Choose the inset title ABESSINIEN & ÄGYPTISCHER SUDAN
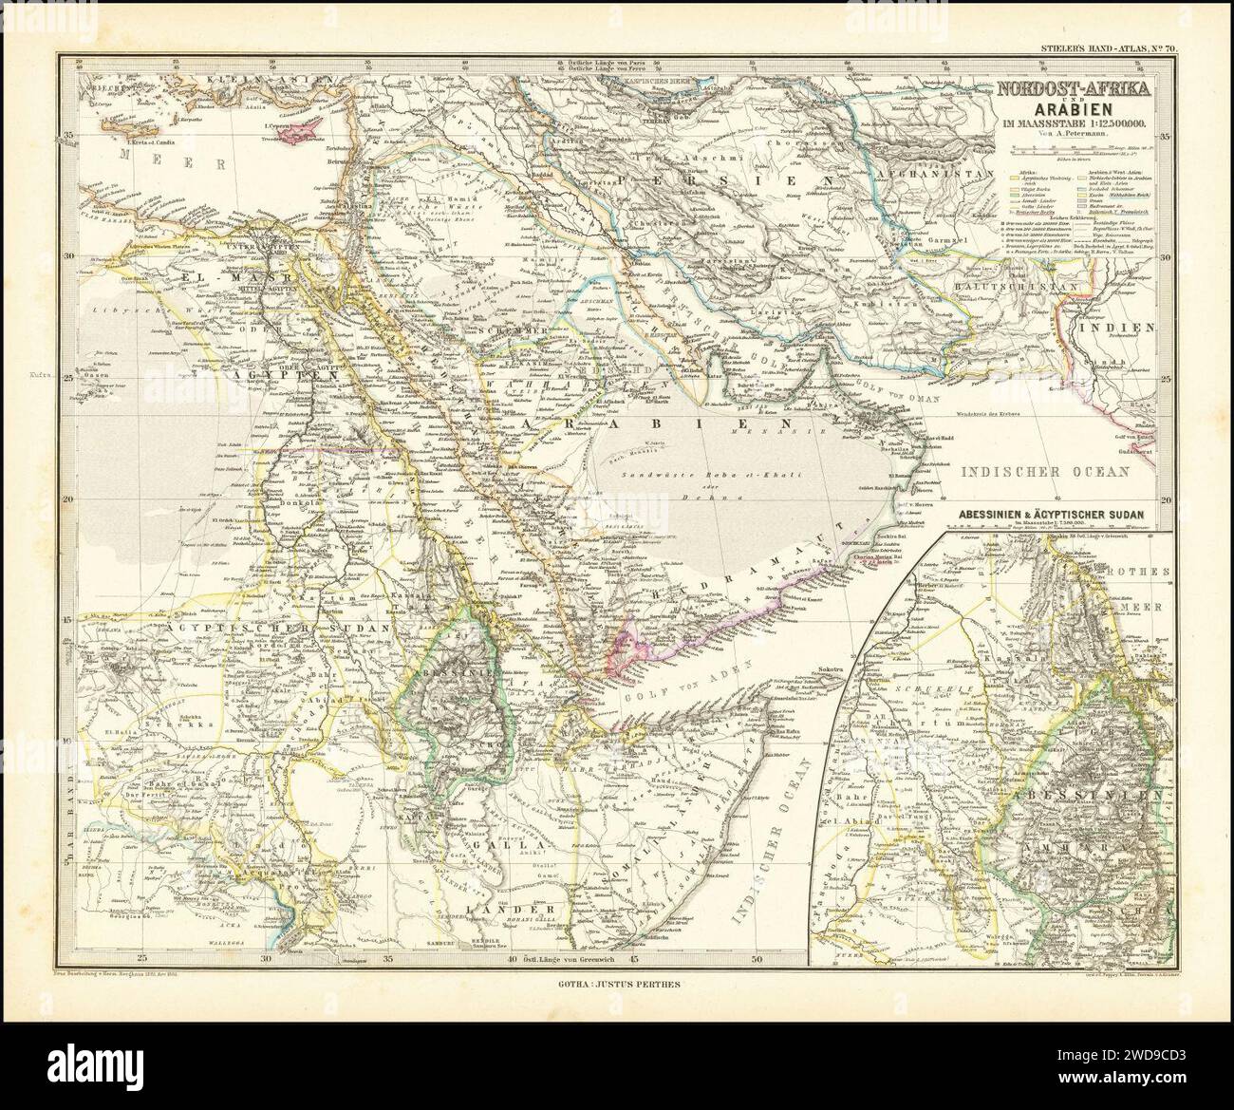pos(1061,514)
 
